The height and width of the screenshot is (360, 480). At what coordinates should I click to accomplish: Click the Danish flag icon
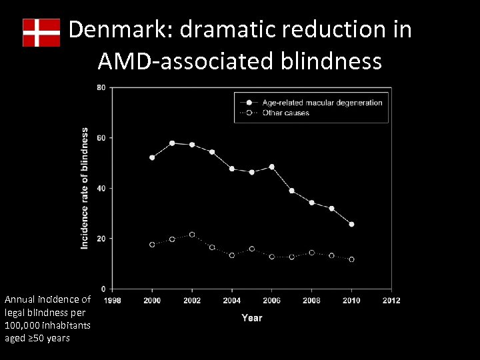coord(41,33)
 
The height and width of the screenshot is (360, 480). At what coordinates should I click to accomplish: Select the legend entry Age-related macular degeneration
coord(322,103)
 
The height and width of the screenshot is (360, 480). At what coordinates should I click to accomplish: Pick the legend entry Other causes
coord(285,113)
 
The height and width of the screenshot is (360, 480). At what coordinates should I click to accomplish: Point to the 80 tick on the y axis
coord(101,87)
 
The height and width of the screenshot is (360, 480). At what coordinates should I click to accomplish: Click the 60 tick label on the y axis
coord(101,138)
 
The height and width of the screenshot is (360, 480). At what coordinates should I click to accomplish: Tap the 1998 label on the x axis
coord(112,301)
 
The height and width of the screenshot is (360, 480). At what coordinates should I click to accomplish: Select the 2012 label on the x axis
coord(391,301)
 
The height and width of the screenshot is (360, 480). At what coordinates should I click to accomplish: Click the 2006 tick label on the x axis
coord(271,301)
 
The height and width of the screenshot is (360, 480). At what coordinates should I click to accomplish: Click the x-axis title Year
coord(251,317)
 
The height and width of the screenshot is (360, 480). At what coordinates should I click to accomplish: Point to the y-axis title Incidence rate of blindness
coord(85,189)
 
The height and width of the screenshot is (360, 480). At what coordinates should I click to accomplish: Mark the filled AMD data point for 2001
coord(172,143)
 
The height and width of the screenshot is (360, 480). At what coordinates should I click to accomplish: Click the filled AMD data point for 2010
coord(351,224)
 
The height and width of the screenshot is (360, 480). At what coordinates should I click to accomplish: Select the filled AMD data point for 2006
coord(271,167)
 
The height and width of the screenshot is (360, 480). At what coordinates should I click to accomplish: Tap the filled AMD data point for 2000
coord(152,158)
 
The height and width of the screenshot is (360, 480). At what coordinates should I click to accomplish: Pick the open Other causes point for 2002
coord(192,235)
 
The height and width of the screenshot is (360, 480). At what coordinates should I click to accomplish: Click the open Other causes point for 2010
coord(351,259)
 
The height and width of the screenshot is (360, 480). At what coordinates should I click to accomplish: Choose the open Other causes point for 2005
coord(251,249)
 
